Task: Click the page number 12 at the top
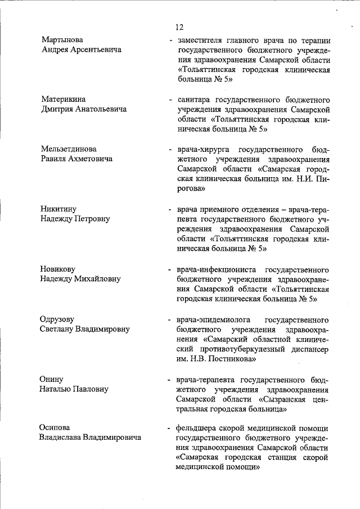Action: coord(179,26)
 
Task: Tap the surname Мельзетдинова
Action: coord(69,149)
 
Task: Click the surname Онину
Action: coord(52,379)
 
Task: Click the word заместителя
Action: coord(199,40)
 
